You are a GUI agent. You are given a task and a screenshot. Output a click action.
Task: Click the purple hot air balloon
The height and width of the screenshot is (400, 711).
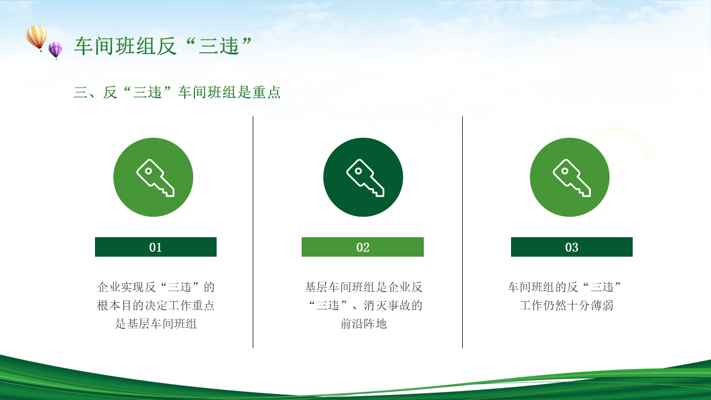point(55,51)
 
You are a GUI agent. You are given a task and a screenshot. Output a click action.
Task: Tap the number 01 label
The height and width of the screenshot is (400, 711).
point(156,247)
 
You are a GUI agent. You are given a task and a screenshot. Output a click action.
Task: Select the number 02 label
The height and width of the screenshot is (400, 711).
point(363,247)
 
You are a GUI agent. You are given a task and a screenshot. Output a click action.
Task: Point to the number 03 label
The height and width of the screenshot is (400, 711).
point(572,247)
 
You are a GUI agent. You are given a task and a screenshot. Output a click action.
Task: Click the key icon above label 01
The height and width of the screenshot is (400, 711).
point(155,178)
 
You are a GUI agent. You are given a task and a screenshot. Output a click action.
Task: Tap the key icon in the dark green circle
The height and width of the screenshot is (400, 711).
point(365,178)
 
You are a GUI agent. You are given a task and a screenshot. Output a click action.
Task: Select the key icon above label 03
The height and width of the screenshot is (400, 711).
point(572,178)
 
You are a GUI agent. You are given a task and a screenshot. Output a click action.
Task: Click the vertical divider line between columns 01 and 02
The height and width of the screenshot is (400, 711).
point(253,232)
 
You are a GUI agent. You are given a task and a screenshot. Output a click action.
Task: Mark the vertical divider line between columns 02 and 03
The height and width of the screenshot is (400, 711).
point(463,232)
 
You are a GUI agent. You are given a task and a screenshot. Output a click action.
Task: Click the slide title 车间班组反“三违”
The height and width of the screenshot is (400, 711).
point(163,46)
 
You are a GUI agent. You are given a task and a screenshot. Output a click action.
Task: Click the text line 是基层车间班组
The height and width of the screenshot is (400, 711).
point(156,324)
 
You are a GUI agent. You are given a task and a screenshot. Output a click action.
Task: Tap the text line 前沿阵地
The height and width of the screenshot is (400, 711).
point(363,324)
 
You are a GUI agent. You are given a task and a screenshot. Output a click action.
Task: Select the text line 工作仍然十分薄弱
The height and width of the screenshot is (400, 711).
point(567,306)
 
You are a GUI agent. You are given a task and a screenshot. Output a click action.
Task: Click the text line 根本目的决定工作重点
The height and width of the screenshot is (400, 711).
point(156,306)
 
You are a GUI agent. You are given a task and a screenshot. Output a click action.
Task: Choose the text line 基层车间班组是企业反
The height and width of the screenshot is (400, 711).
point(363,287)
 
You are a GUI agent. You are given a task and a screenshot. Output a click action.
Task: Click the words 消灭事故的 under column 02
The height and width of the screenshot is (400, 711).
point(393,306)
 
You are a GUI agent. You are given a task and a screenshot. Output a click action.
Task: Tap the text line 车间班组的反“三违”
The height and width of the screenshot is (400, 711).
point(564,287)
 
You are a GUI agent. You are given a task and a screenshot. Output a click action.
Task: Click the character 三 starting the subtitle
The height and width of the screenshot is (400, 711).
point(81,92)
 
